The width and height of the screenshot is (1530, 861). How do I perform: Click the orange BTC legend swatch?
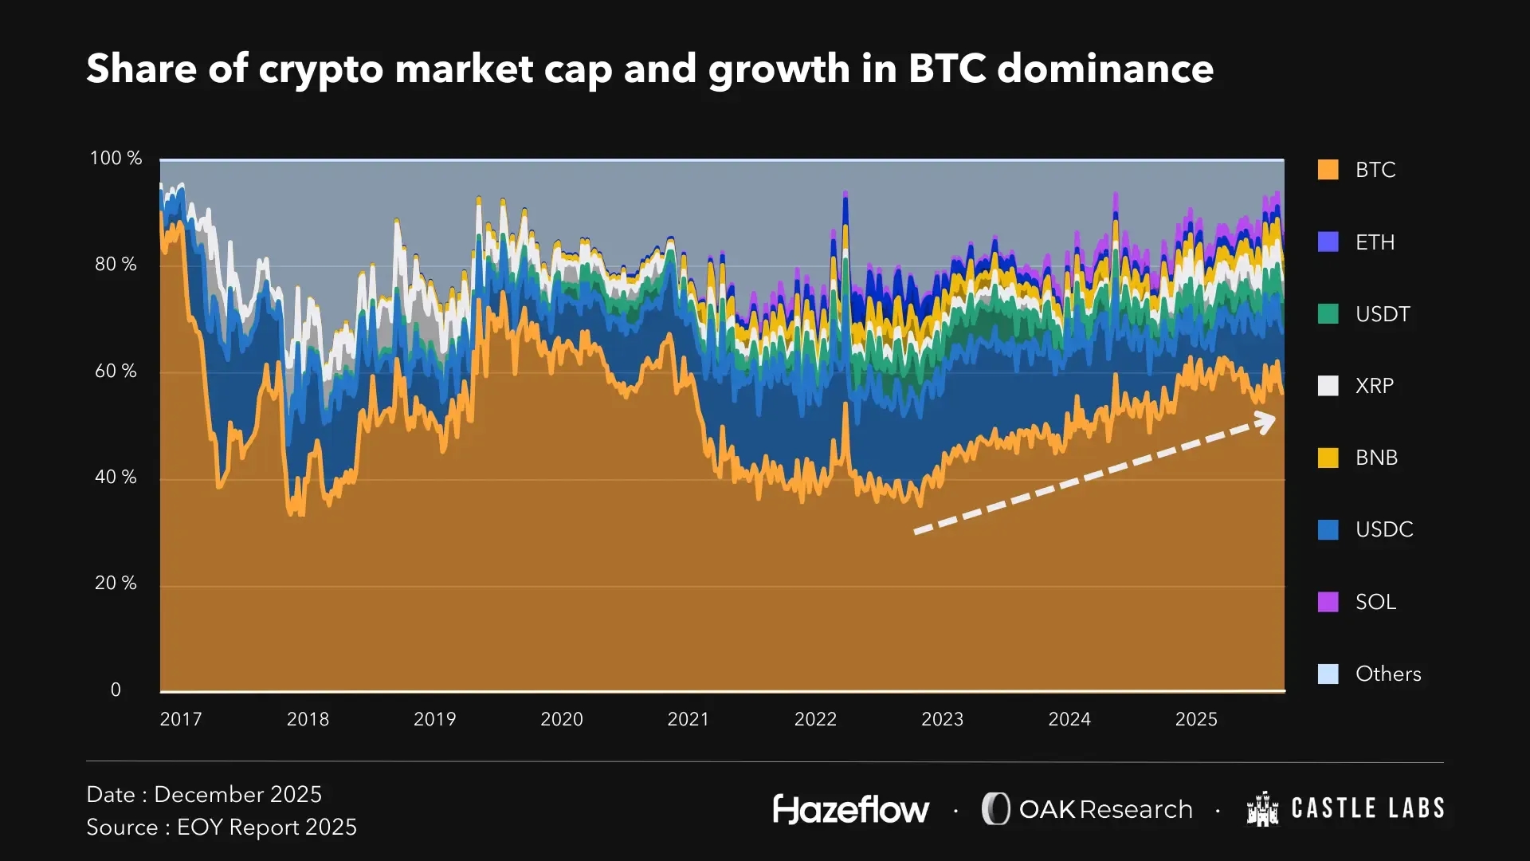click(1328, 170)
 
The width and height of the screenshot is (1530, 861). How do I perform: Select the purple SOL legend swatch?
click(1328, 602)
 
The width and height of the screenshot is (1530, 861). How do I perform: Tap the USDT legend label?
click(1383, 314)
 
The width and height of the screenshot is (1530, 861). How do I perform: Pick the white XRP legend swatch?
click(1328, 386)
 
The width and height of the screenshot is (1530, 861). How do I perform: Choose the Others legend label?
click(1388, 674)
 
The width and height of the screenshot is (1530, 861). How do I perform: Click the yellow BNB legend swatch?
click(1328, 458)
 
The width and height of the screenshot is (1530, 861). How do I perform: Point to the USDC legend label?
click(1384, 529)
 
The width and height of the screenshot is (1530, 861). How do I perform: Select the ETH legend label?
click(1375, 242)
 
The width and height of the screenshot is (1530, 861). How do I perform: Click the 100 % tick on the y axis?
click(116, 159)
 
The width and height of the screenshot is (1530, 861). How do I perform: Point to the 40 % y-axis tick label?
click(116, 478)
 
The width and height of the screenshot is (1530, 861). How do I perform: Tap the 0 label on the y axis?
click(116, 690)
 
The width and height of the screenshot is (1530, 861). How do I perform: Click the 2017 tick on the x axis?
click(181, 719)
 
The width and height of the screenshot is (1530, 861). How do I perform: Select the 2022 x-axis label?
click(815, 719)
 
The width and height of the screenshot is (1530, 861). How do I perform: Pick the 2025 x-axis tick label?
click(1196, 719)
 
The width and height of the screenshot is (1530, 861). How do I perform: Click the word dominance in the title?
click(1105, 69)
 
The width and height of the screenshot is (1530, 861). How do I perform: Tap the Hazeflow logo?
click(851, 809)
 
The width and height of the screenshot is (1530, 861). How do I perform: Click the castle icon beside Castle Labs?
click(1262, 809)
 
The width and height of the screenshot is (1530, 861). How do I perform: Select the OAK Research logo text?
click(1105, 809)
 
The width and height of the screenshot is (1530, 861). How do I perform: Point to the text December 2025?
click(237, 794)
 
